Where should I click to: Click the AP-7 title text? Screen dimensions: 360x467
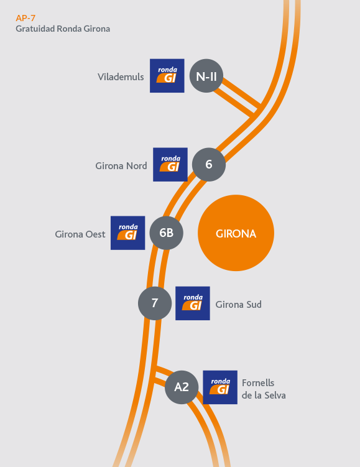click(x=25, y=18)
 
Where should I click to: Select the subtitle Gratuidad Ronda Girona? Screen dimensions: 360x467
click(x=63, y=29)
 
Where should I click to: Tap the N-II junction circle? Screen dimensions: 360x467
click(x=206, y=76)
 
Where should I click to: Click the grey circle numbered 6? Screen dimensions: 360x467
click(x=209, y=164)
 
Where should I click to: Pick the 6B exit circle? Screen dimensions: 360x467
click(x=166, y=233)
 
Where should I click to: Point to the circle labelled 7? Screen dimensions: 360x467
click(x=155, y=303)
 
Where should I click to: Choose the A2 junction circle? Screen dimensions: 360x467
click(x=182, y=387)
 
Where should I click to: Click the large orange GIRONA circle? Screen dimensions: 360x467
click(x=236, y=233)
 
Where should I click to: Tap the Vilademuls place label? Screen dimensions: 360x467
click(x=121, y=77)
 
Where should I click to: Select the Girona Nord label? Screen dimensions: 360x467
click(x=121, y=166)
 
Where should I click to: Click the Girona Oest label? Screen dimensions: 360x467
click(x=80, y=234)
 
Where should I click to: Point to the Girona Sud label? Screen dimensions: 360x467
click(x=239, y=304)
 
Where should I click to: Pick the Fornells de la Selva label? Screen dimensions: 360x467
click(x=264, y=389)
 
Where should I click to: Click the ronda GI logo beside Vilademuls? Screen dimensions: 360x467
click(x=167, y=76)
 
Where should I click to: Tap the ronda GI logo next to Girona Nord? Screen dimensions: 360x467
click(x=170, y=164)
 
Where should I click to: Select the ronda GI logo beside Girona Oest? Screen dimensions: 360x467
click(x=127, y=233)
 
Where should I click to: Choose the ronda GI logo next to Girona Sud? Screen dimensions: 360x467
click(x=193, y=303)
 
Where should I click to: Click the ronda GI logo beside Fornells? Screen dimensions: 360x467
click(x=220, y=387)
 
